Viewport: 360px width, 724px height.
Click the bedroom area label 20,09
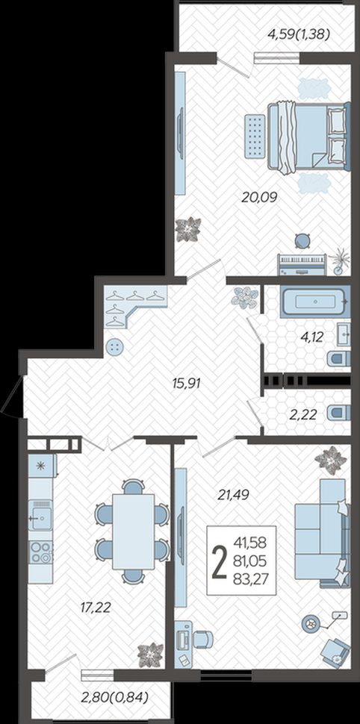pos(258,198)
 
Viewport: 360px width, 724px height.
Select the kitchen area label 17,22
pos(96,608)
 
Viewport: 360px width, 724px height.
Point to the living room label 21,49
pos(233,495)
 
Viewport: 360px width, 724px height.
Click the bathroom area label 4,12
pos(311,337)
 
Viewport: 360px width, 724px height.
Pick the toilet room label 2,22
pos(303,415)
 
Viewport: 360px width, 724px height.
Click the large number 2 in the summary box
pos(219,561)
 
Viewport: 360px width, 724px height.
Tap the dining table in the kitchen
pos(134,531)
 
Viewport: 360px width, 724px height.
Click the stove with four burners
pos(40,552)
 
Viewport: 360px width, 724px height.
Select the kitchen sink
pos(40,515)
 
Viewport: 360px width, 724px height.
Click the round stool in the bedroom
pos(302,240)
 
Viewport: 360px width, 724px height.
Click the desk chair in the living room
pos(202,640)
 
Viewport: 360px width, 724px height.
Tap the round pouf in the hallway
pos(115,346)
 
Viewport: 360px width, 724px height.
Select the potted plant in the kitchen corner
pos(151,655)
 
